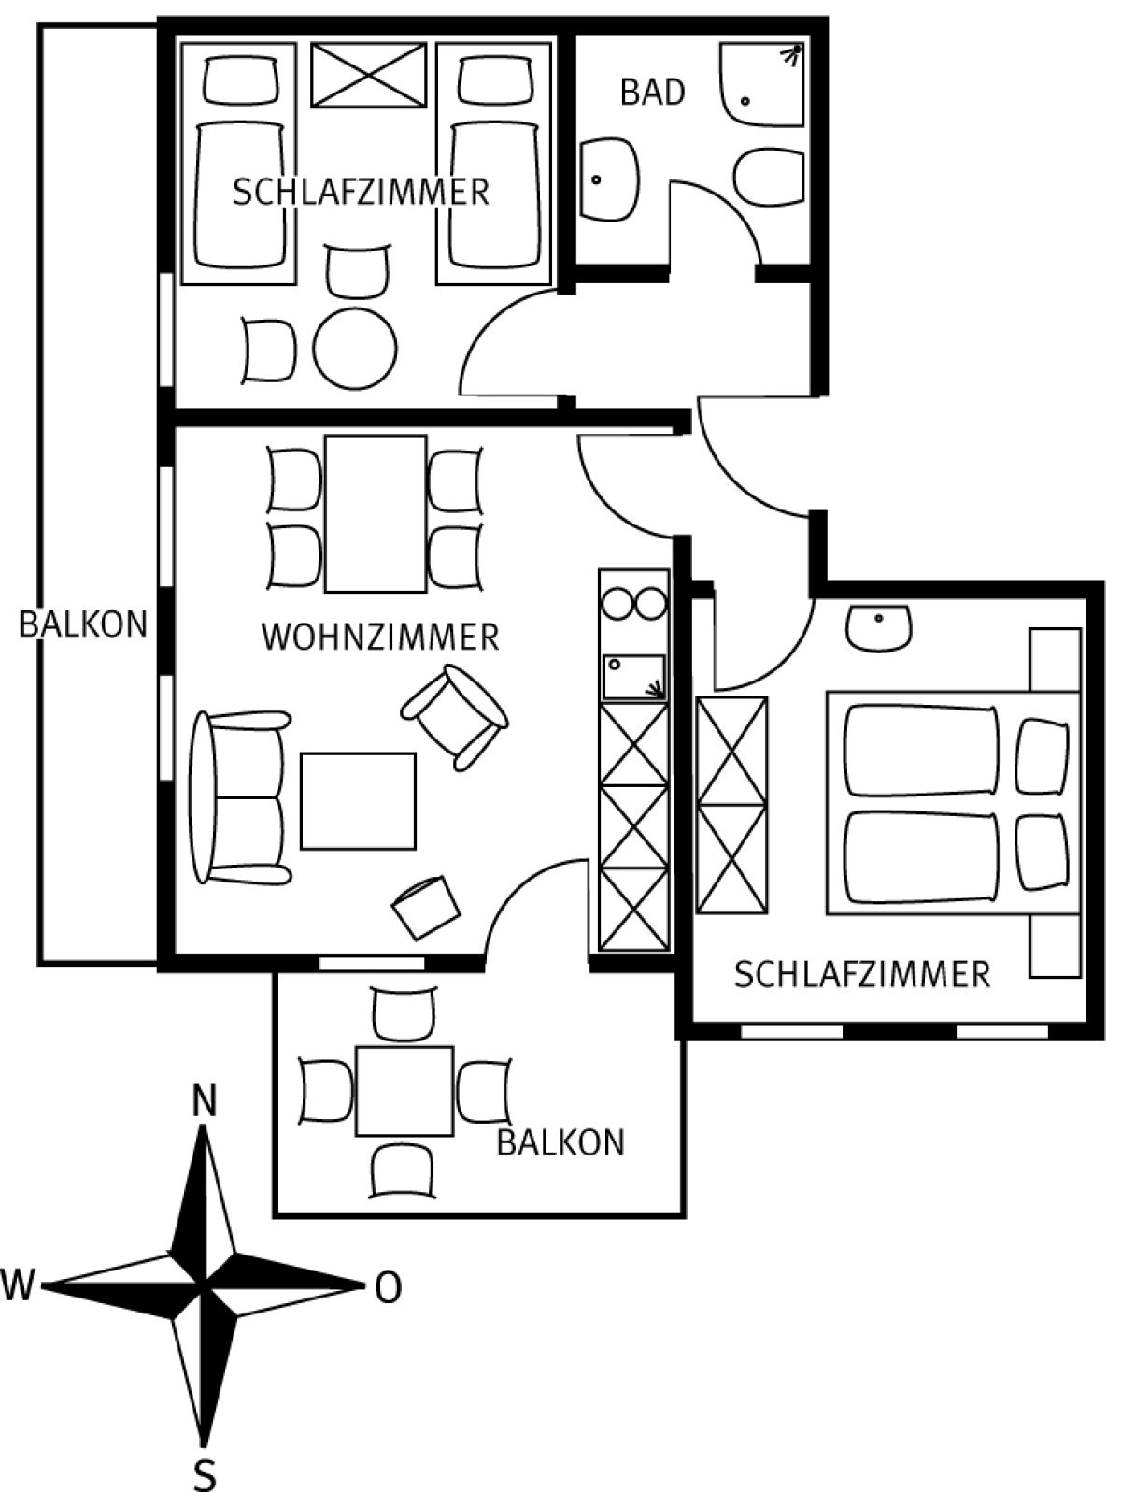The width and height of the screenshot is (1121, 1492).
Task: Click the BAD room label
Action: [652, 93]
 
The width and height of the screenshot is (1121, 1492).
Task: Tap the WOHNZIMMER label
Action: [380, 638]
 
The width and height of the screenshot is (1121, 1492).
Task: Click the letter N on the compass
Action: [204, 1102]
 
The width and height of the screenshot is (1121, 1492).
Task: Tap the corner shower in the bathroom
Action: [762, 85]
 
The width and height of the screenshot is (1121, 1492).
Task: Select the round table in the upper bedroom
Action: [355, 350]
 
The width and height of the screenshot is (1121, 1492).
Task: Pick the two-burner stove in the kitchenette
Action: [634, 604]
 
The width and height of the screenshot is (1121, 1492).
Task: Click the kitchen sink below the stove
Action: [633, 678]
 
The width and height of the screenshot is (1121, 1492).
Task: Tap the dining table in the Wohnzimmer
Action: [376, 514]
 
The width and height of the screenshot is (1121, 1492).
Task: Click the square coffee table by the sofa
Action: [358, 801]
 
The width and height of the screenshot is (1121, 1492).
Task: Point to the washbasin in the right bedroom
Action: [879, 627]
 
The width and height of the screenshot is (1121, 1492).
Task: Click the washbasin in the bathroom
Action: [610, 180]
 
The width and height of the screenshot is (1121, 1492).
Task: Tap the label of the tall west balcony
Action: [83, 624]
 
